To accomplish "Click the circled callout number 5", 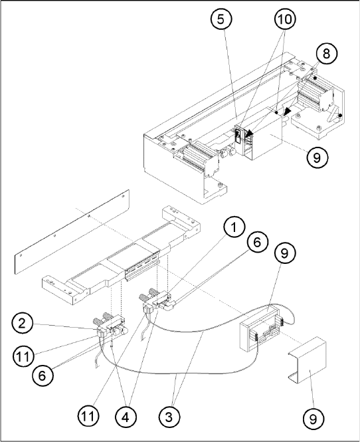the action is tap(221, 19).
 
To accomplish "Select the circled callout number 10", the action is tap(285, 19).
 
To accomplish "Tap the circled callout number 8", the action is tap(326, 54).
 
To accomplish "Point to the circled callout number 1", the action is tap(234, 227).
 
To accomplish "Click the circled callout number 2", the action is tap(23, 324).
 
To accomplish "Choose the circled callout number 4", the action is tap(126, 417).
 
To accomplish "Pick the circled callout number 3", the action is tap(169, 417).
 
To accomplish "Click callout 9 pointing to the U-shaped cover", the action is tap(314, 419).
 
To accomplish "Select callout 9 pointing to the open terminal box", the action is tap(284, 253).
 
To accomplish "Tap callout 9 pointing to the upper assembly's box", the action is tap(317, 157).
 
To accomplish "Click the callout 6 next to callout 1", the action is tap(257, 243).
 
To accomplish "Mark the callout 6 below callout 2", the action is tap(43, 376).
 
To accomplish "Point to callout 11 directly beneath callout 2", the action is tap(23, 356).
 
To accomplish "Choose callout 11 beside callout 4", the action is tap(88, 416).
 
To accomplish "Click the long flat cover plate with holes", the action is tap(72, 231).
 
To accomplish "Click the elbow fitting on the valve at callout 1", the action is tap(169, 305).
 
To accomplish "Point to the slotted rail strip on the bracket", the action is tap(142, 268).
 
